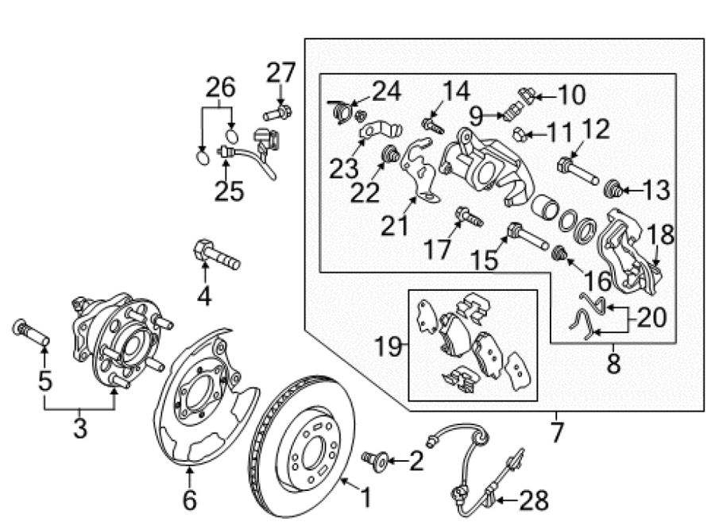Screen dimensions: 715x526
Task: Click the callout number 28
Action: point(534,501)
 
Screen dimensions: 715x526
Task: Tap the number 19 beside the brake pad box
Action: point(388,347)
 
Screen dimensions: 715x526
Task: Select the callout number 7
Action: point(557,432)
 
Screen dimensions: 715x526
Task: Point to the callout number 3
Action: point(79,429)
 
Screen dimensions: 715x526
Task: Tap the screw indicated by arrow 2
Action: point(375,461)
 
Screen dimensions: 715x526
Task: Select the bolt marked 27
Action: point(278,113)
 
